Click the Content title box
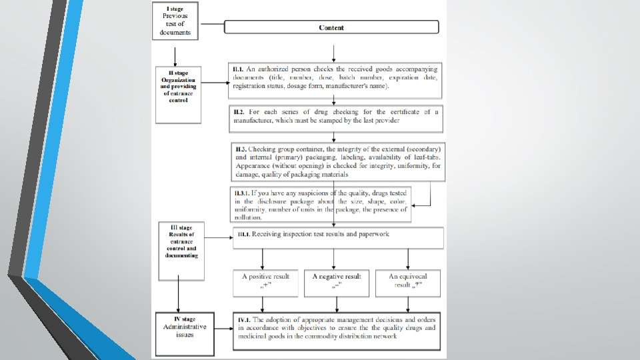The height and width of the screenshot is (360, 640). click(331, 27)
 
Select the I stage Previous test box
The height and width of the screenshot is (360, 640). click(175, 21)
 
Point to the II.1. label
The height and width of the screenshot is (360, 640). click(238, 69)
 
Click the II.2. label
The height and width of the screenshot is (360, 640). click(239, 112)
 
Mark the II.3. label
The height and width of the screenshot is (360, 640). click(241, 147)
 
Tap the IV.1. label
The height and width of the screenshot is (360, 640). click(243, 321)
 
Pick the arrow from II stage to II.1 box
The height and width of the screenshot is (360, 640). click(213, 83)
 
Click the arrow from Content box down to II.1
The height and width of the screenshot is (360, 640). click(333, 49)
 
